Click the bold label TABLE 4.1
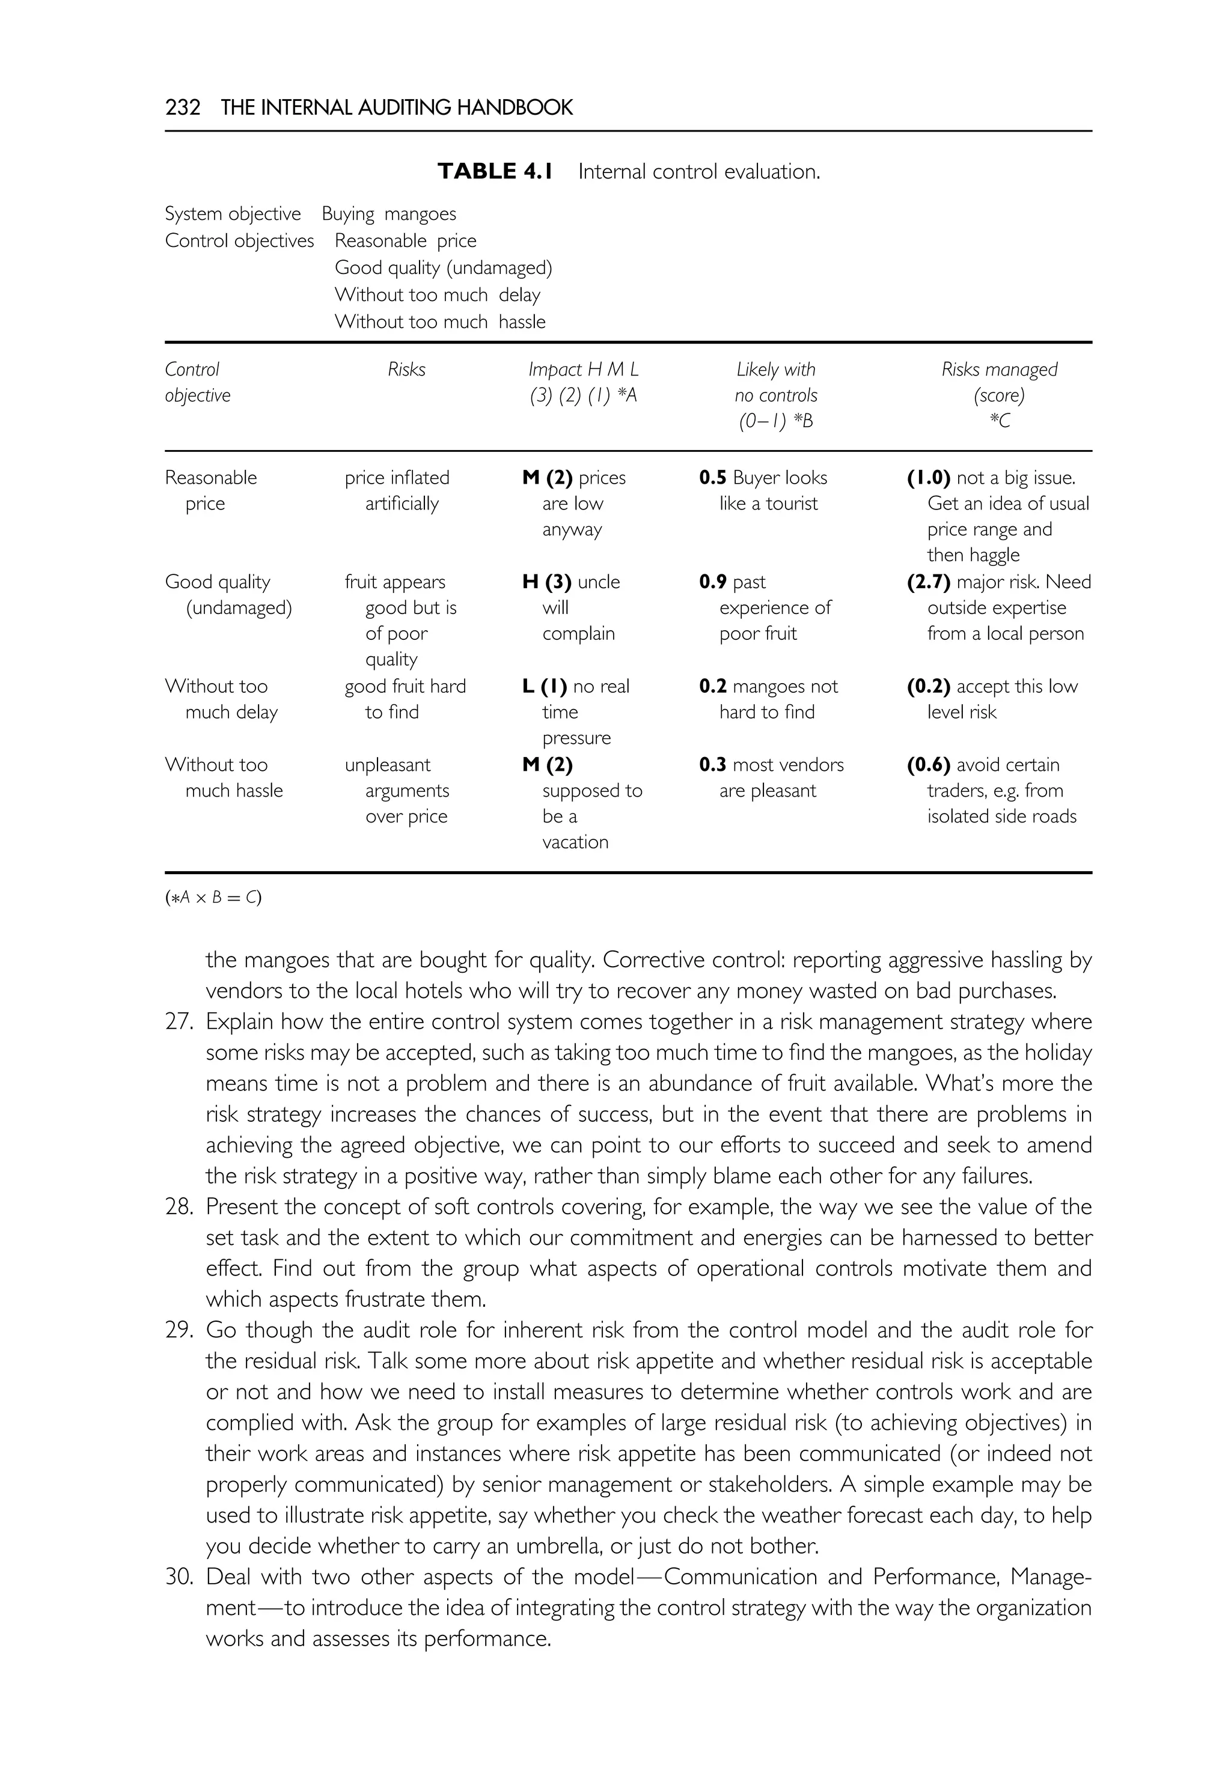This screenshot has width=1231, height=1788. (495, 171)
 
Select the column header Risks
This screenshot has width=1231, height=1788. (406, 369)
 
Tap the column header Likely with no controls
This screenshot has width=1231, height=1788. (775, 395)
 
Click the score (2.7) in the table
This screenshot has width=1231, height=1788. (928, 582)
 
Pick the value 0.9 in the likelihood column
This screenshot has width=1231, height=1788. (713, 582)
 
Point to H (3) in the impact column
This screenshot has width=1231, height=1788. (546, 582)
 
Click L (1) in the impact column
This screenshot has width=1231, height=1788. (544, 686)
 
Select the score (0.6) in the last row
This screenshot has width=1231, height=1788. (928, 765)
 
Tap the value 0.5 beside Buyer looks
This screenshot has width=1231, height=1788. (713, 478)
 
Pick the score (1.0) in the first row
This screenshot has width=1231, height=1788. (928, 478)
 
